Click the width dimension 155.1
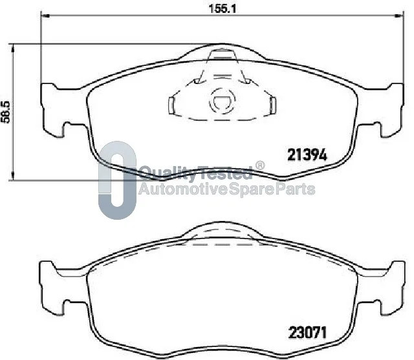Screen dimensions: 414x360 (222, 8)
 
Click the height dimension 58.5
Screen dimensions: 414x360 (5, 112)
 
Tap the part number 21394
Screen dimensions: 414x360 (307, 155)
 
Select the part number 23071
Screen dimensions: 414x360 (308, 332)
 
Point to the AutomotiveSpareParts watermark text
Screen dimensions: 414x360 (227, 189)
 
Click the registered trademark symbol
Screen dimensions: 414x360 (259, 165)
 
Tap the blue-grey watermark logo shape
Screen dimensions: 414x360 (117, 180)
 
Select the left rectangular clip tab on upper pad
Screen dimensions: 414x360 (171, 105)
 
